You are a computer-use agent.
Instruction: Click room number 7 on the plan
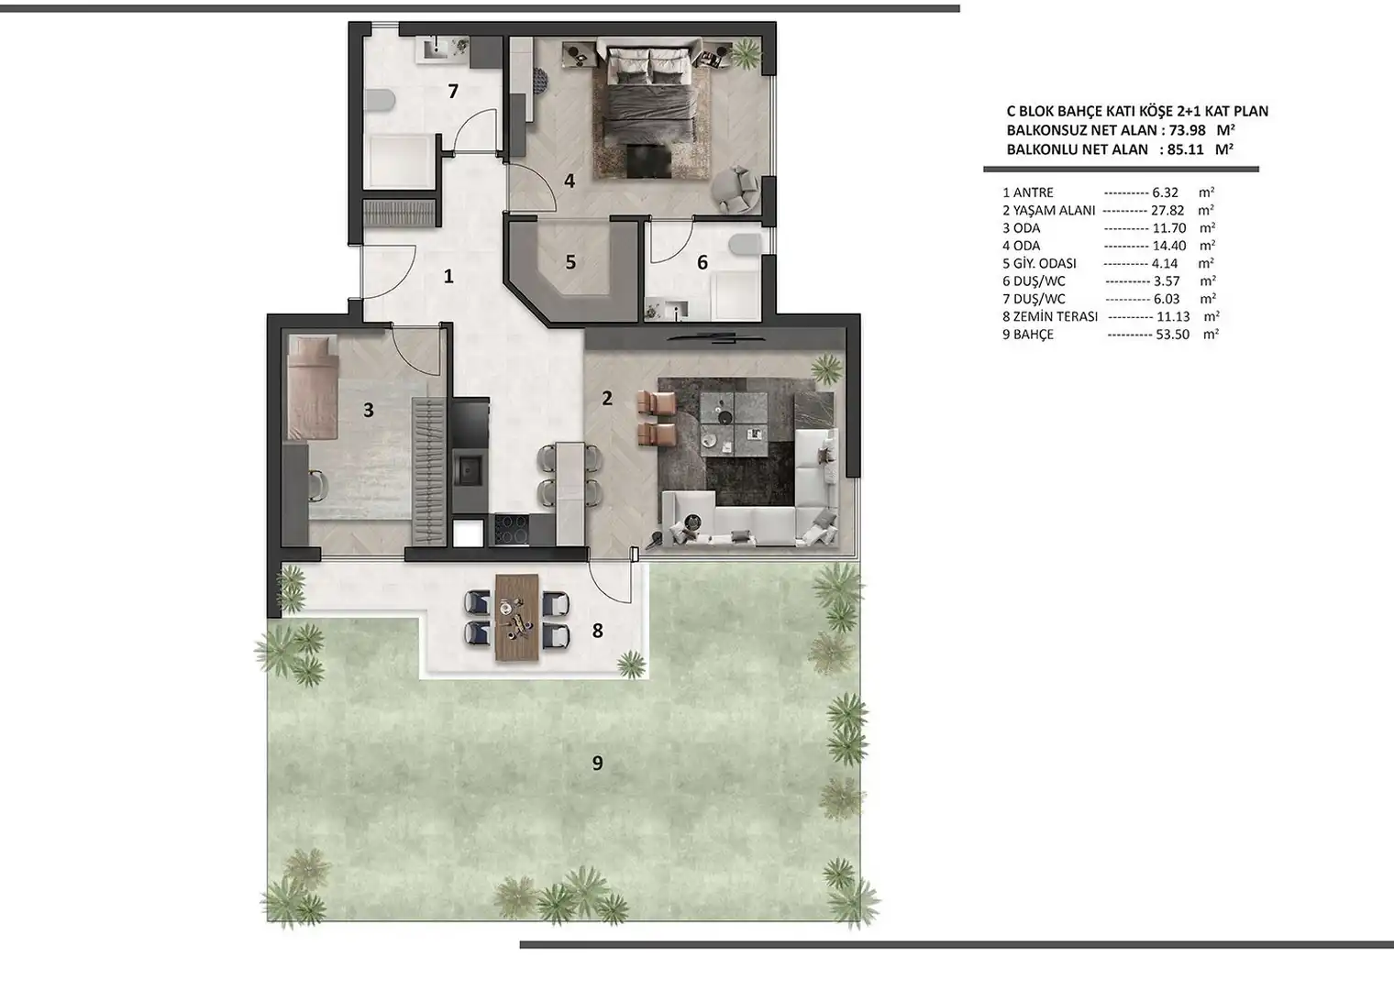453,92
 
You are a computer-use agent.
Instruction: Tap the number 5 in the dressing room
570,262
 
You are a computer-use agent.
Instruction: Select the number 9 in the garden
597,763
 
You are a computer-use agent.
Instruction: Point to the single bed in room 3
313,387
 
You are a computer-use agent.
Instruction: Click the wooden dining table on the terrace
517,618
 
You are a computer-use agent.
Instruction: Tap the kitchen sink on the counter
470,469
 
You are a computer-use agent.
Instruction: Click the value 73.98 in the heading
1187,130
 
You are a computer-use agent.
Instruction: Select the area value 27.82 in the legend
1167,211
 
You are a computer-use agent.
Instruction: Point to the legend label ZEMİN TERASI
1056,316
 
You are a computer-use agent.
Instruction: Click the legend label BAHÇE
1034,335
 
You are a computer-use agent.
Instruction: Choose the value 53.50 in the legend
1172,335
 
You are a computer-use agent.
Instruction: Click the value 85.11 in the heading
1186,149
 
